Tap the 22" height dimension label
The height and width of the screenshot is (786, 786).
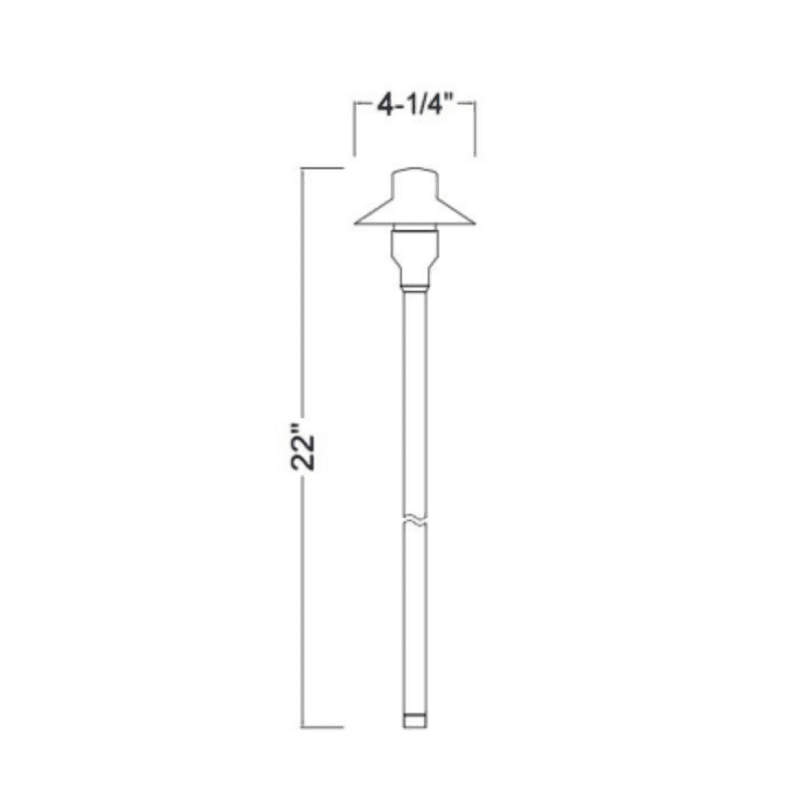(x=305, y=453)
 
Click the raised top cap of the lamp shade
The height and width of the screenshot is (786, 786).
(x=414, y=178)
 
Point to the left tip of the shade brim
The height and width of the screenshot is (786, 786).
(x=356, y=222)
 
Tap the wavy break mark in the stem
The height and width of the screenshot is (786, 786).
(x=414, y=520)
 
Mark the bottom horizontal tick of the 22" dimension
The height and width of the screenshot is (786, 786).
(x=322, y=727)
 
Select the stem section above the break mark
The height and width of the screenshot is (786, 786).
(x=414, y=397)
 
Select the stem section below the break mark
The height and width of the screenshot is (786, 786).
(x=414, y=618)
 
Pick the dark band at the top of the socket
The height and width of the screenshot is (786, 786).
(x=414, y=231)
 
